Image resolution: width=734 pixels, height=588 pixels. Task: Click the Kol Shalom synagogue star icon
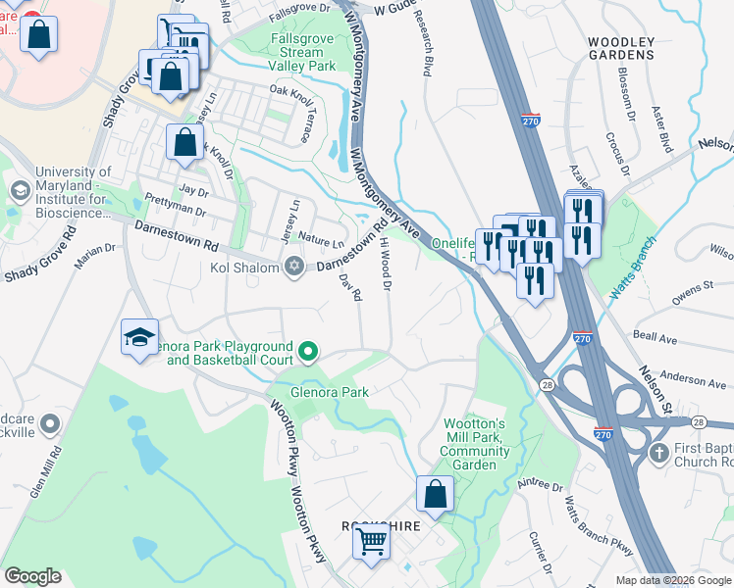(293, 267)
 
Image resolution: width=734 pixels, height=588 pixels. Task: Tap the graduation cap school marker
(139, 338)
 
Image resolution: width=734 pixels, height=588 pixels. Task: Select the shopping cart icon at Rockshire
(371, 539)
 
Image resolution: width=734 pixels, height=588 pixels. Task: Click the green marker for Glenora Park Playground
(308, 351)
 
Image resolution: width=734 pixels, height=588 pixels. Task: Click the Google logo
(32, 576)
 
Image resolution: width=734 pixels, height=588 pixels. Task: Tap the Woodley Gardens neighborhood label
(621, 48)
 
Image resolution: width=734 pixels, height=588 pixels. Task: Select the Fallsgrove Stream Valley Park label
(302, 52)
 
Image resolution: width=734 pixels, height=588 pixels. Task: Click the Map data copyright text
(672, 580)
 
